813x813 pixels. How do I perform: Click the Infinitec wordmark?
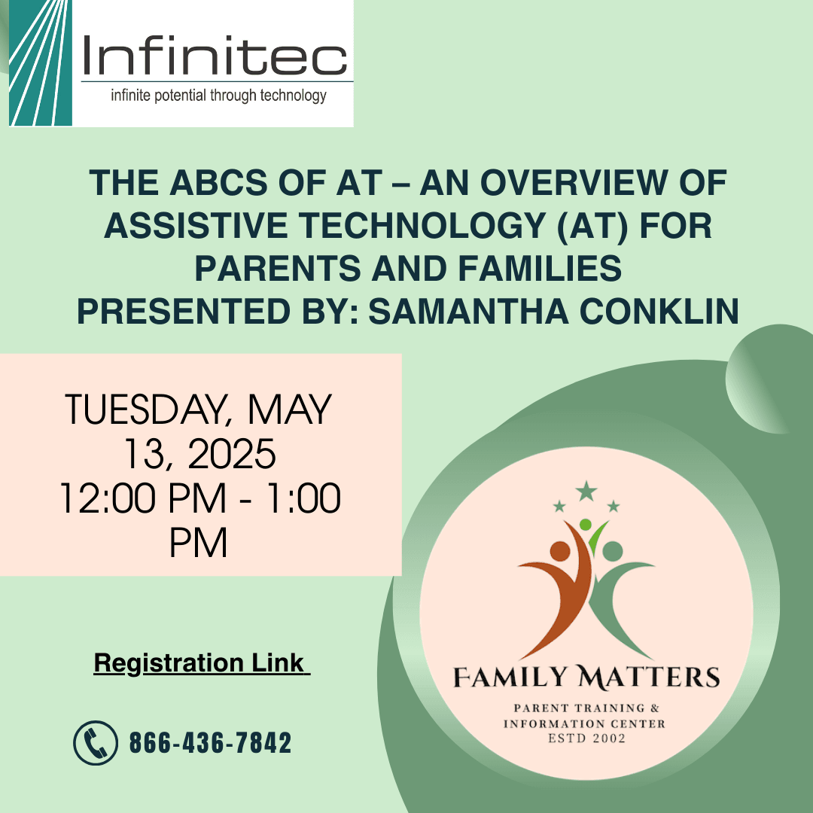215,56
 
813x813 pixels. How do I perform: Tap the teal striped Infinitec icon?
41,62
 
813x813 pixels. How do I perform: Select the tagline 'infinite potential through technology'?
218,96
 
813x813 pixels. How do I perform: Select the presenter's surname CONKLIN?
659,311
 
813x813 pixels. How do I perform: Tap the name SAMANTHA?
468,311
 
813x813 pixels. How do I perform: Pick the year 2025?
231,454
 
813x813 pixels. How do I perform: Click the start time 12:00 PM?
143,498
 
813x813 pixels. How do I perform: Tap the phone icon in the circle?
96,742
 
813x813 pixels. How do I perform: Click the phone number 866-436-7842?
210,742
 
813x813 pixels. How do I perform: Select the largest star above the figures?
586,491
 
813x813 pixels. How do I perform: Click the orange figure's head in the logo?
560,550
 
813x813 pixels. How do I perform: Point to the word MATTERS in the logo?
649,677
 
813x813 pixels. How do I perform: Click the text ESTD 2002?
587,738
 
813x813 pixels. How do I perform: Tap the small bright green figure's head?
585,524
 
